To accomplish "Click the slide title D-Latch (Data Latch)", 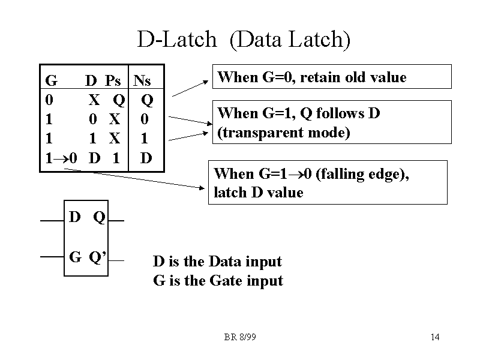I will coord(244,40).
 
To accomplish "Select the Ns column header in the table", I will coord(142,80).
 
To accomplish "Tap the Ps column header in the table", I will coord(113,80).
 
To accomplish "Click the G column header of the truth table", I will coord(51,80).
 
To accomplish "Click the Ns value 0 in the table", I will coord(145,119).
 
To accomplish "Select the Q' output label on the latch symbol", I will coord(98,257).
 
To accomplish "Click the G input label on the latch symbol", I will coord(76,257).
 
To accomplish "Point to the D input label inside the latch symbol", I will coord(75,217).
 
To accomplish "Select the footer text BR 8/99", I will coord(240,337).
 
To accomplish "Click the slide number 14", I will coord(435,337).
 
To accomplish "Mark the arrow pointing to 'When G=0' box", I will coord(192,86).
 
